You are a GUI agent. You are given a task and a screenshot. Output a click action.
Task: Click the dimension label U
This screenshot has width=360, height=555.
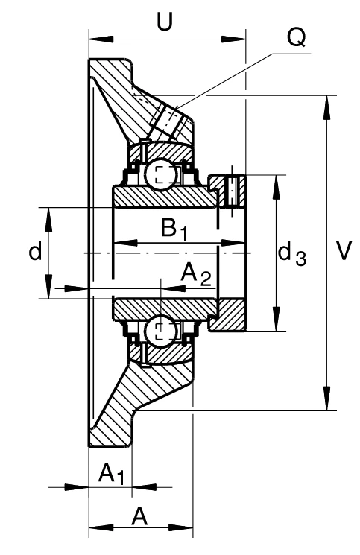click(x=165, y=22)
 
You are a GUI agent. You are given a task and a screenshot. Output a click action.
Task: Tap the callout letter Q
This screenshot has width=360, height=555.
click(x=296, y=37)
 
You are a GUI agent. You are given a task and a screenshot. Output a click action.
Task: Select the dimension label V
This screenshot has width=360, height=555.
click(x=344, y=250)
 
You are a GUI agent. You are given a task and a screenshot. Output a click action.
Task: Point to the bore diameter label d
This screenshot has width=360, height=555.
click(x=35, y=250)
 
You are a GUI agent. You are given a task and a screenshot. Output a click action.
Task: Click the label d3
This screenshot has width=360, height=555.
click(x=292, y=254)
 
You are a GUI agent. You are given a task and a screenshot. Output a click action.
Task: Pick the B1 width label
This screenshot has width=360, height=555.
click(x=174, y=229)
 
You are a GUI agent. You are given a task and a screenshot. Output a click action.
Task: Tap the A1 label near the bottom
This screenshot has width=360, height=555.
click(x=111, y=475)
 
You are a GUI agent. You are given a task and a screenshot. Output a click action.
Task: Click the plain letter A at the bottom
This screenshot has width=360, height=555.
click(x=139, y=516)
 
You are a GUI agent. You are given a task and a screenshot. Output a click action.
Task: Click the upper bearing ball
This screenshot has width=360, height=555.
click(x=160, y=174)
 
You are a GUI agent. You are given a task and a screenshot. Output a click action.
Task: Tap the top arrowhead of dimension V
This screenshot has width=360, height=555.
click(x=327, y=107)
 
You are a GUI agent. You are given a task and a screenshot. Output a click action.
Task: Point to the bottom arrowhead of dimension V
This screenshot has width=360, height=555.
click(x=327, y=399)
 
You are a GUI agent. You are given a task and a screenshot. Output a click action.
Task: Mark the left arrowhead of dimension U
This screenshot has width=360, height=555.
click(x=101, y=39)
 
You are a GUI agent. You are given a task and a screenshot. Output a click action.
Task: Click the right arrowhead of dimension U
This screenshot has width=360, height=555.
click(x=233, y=39)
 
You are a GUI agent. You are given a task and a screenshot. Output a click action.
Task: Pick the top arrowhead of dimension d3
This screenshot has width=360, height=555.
click(x=277, y=187)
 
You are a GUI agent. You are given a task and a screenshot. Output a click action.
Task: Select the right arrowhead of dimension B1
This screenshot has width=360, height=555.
click(x=233, y=243)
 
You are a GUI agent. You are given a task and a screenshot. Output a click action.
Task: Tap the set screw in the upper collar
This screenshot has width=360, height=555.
click(x=232, y=191)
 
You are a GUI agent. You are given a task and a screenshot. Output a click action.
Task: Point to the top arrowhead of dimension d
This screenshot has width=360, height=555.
click(x=48, y=220)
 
